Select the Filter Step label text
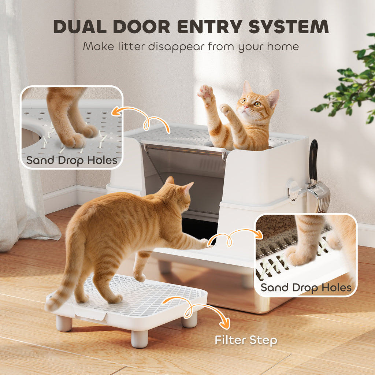point(246,340)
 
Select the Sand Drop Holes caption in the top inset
point(72,160)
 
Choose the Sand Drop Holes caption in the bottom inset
point(306,287)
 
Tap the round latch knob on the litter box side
point(293,190)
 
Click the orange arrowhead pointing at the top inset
point(116,112)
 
